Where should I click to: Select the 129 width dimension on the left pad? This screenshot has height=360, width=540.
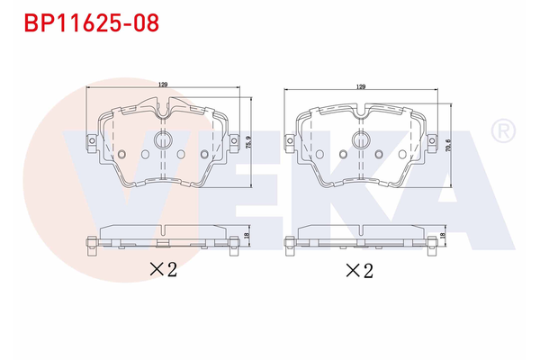(164, 85)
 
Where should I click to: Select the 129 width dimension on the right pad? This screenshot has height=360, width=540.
(361, 87)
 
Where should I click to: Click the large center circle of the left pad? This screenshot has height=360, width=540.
(163, 140)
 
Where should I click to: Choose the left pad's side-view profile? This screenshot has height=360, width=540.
(163, 237)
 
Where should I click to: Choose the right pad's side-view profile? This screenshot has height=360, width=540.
(360, 237)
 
